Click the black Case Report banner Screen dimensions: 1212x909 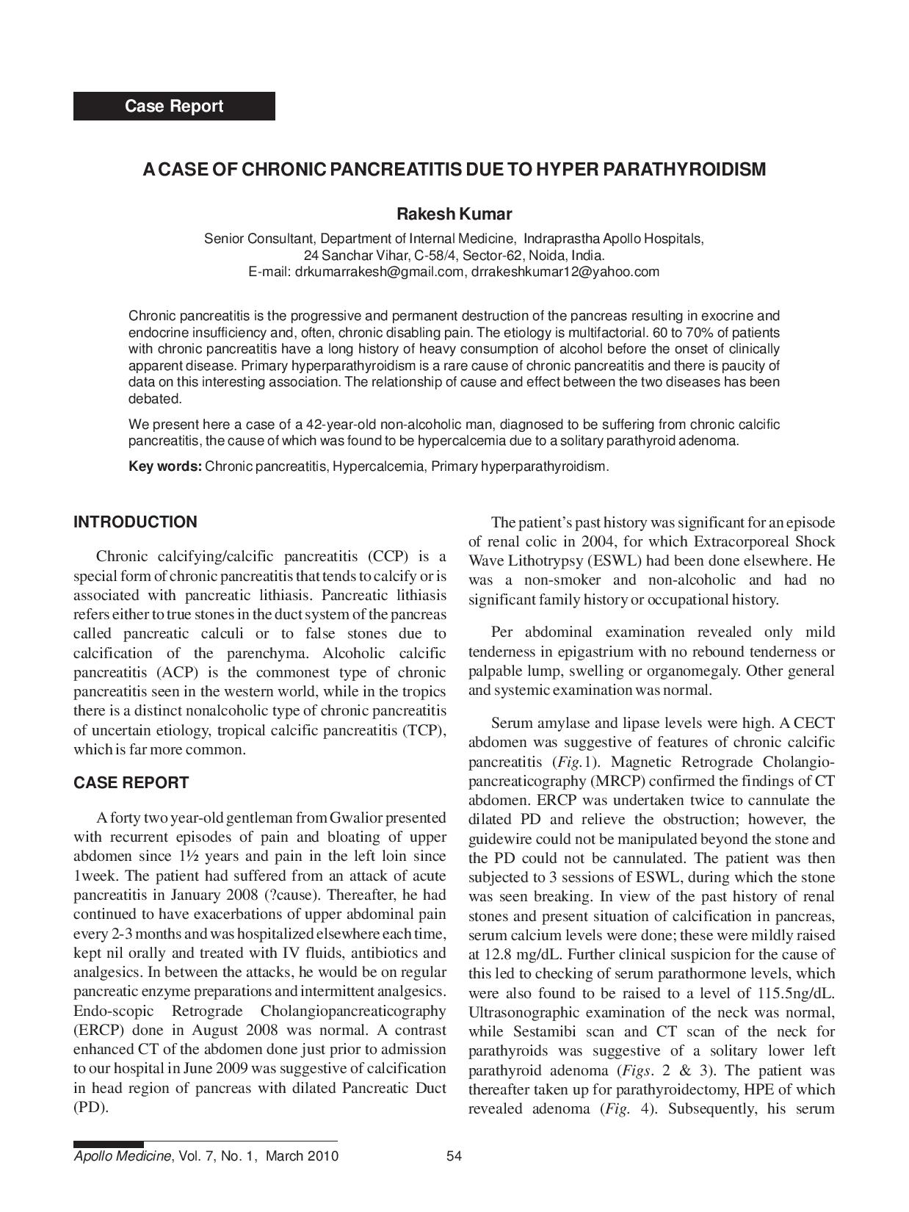point(174,106)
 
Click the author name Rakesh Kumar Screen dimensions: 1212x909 point(454,214)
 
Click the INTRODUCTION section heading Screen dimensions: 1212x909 point(135,522)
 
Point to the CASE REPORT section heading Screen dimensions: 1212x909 point(131,783)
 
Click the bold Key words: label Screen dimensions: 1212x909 point(165,466)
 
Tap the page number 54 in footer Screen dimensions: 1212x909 point(454,1156)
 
